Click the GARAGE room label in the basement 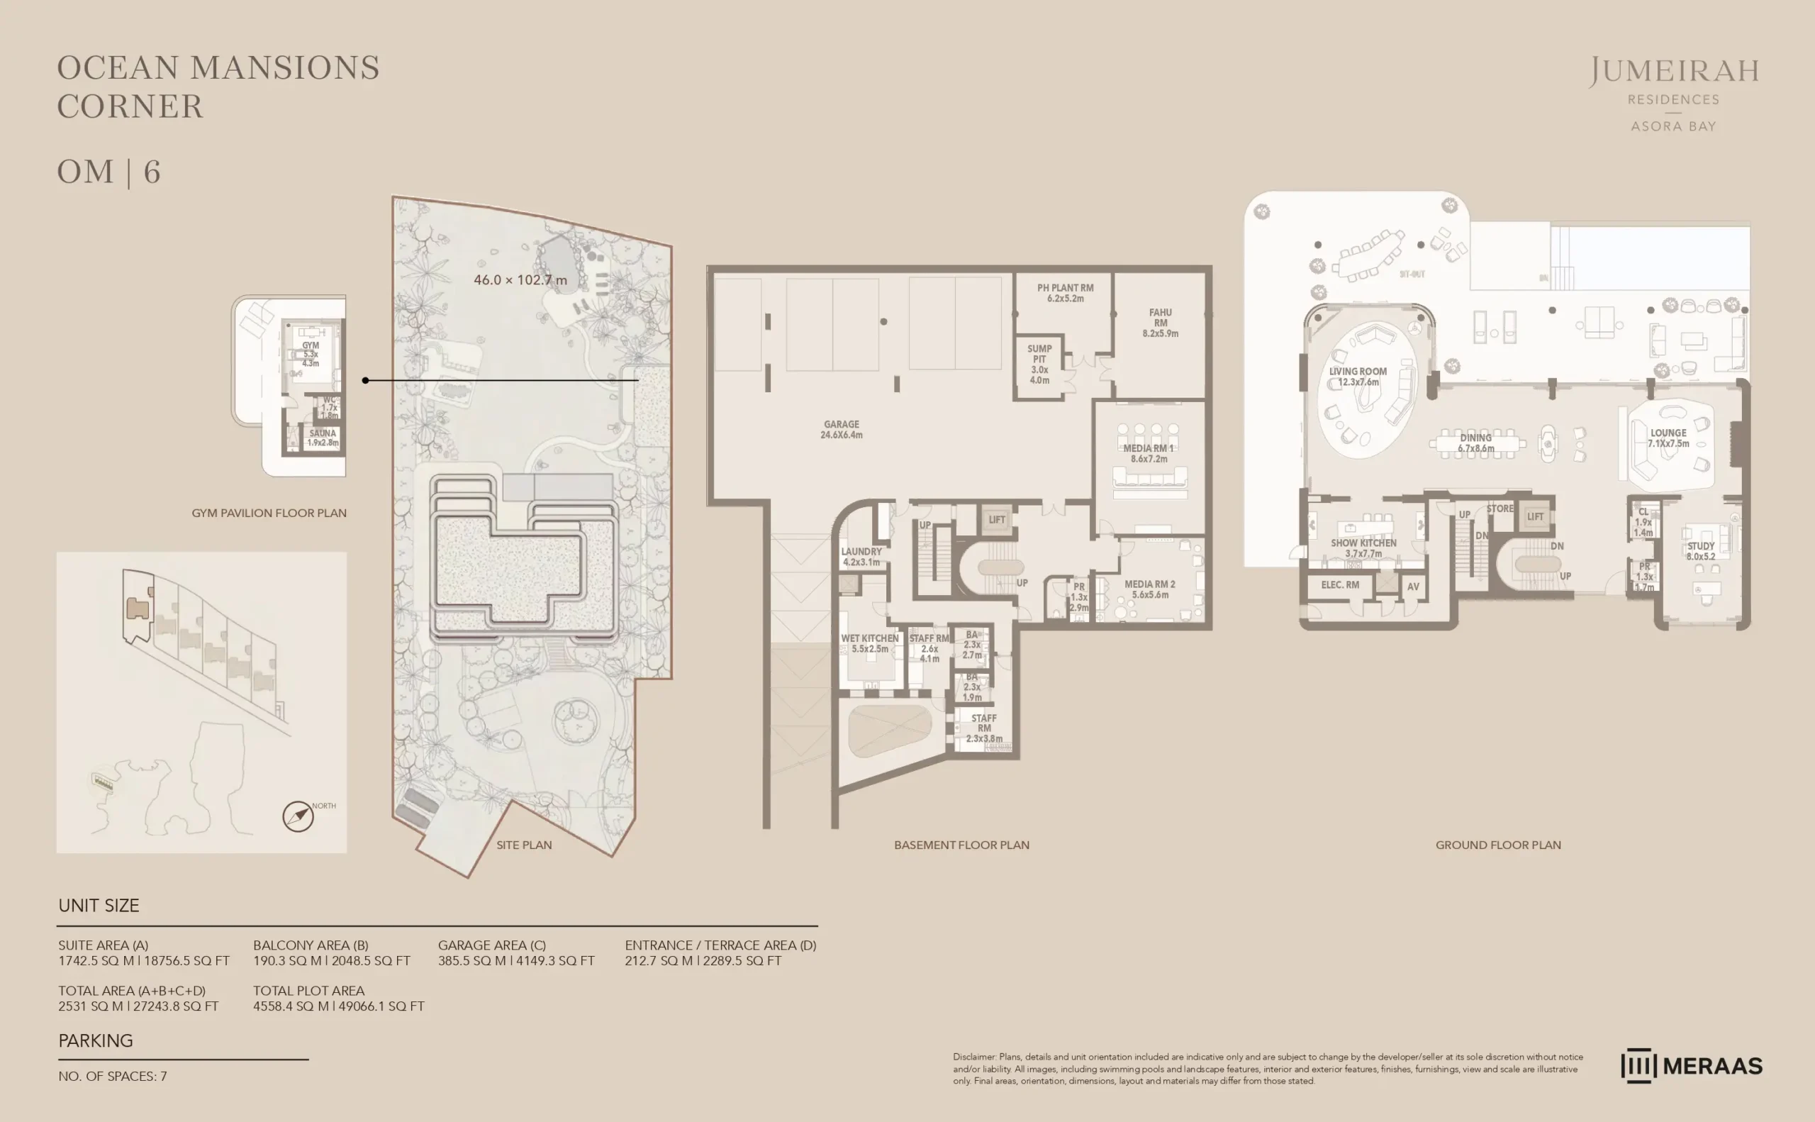pos(841,430)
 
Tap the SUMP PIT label pos(1039,365)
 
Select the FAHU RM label pos(1160,323)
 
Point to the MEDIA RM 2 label pos(1150,589)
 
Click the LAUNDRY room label pos(861,557)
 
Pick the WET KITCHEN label pos(869,643)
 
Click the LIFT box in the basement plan pos(996,519)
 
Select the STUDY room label pos(1700,550)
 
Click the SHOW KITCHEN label pos(1363,548)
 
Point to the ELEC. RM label pos(1339,584)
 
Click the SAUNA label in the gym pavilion pos(323,438)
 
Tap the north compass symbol pos(298,816)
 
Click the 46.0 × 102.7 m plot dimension pos(520,279)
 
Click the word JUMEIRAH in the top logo pos(1673,72)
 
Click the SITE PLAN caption pos(524,845)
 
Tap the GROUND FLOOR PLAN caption pos(1497,845)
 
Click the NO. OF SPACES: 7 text pos(113,1076)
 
